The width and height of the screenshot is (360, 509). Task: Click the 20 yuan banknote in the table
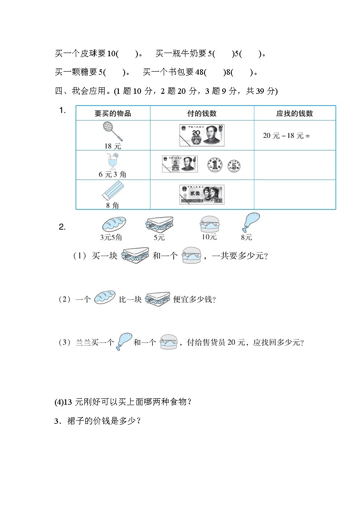[202, 136]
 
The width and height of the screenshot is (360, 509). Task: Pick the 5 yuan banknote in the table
[180, 165]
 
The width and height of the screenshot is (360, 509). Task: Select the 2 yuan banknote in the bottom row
[202, 194]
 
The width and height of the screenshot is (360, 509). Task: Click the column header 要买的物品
[112, 113]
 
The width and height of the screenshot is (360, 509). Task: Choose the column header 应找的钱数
[294, 113]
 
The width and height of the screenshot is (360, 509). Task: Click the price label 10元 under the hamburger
[209, 237]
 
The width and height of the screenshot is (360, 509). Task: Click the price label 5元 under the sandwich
[159, 238]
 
